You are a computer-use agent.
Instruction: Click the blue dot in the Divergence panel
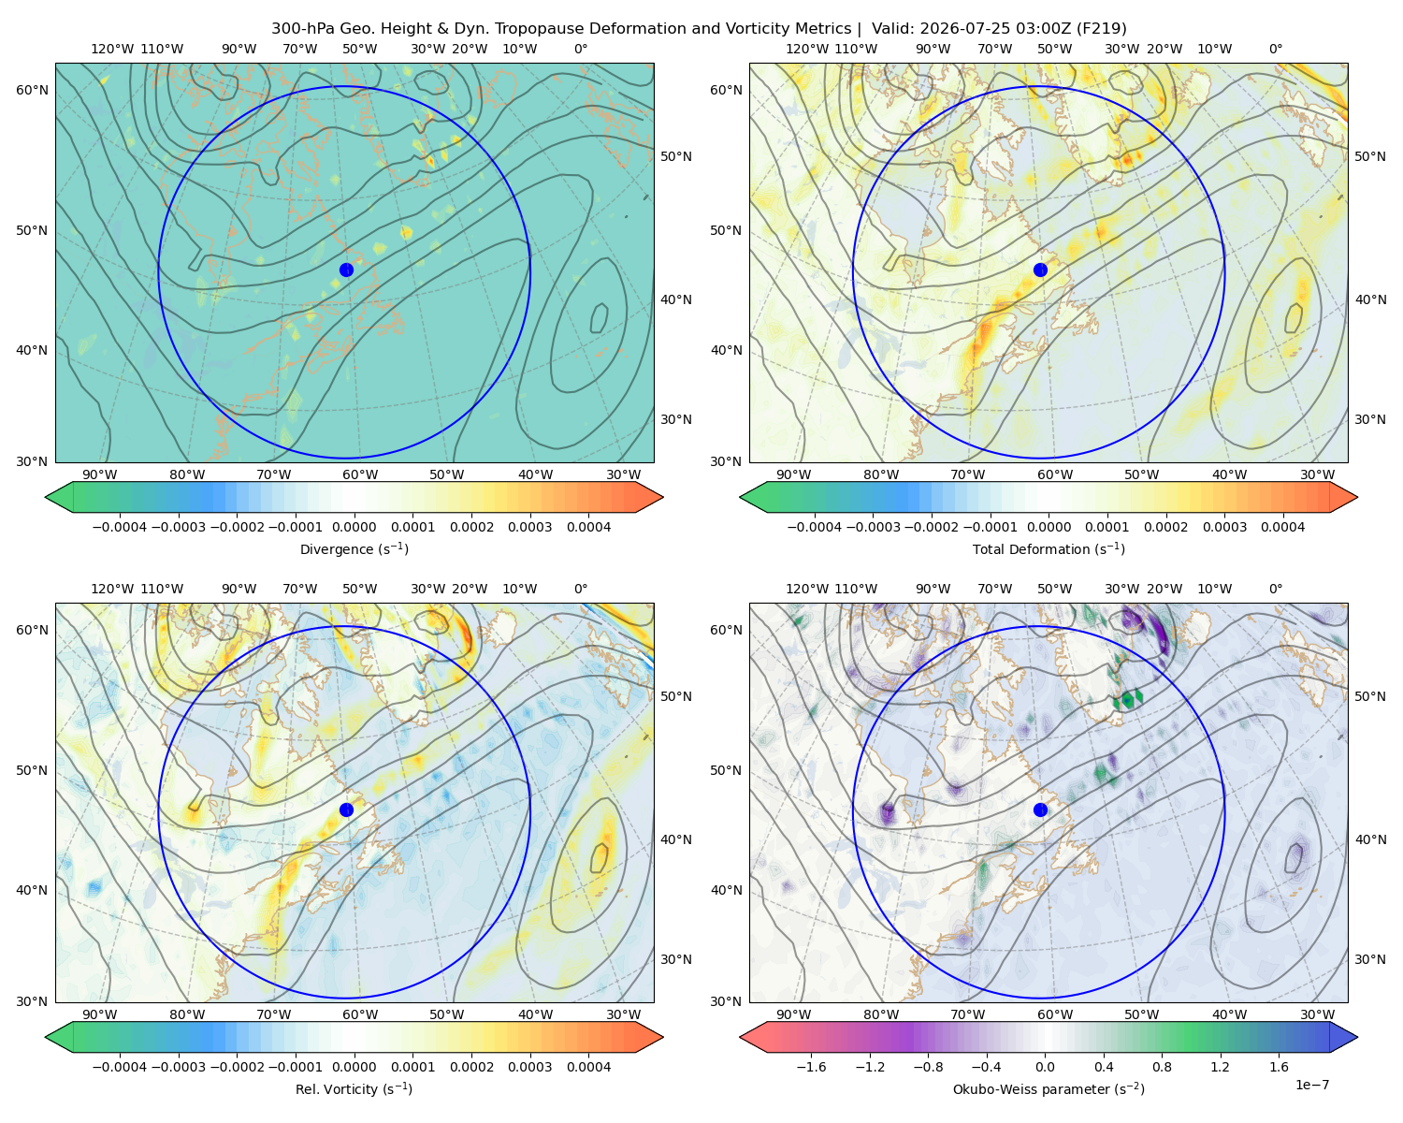(x=346, y=270)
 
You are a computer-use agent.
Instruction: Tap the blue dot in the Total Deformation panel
(x=1040, y=270)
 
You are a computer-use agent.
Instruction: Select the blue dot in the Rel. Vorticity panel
(x=346, y=809)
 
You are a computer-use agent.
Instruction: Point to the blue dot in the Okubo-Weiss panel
(x=1040, y=809)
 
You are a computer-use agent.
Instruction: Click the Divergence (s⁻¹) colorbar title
(x=354, y=549)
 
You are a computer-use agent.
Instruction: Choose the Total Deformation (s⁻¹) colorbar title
(x=1049, y=549)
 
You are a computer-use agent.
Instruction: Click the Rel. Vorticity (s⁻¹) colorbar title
(x=354, y=1089)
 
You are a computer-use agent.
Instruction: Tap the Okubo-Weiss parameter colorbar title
(x=1049, y=1089)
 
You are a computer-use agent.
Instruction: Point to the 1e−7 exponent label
(x=1311, y=1086)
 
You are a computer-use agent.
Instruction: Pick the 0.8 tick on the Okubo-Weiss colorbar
(x=1162, y=1067)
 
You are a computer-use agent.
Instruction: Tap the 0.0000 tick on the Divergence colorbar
(x=354, y=527)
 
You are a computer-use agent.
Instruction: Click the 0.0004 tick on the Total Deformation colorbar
(x=1282, y=527)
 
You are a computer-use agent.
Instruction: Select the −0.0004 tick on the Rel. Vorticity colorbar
(x=120, y=1067)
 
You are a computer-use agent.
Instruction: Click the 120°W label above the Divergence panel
(x=112, y=49)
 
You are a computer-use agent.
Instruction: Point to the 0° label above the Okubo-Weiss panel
(x=1276, y=589)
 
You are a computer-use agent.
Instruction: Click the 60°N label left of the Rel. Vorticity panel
(x=32, y=631)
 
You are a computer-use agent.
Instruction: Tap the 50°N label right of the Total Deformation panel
(x=1370, y=156)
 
